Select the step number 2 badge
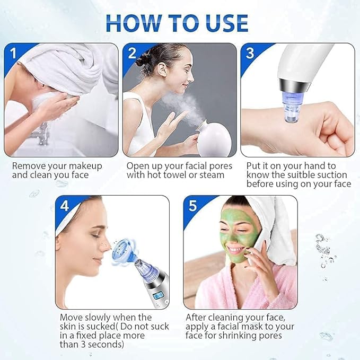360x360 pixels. pos(131,53)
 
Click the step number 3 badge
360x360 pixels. pos(250,53)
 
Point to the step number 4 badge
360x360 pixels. pos(65,206)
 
